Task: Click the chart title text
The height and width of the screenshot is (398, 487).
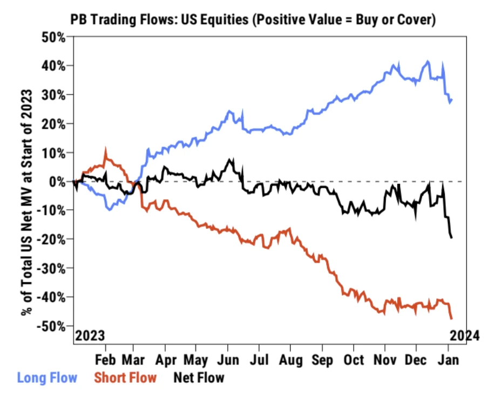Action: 253,19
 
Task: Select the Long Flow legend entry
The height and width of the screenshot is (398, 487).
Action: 47,377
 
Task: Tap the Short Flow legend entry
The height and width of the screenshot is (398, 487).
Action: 125,377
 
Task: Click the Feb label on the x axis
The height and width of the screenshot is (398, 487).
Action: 106,359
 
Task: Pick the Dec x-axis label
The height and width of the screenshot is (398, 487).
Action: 416,359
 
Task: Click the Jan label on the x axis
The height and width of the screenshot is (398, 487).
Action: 448,359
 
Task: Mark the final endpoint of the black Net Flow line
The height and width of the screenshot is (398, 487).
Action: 451,237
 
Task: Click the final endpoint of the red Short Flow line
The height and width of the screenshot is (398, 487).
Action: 451,319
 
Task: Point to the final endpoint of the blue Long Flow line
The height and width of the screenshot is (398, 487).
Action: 451,99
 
